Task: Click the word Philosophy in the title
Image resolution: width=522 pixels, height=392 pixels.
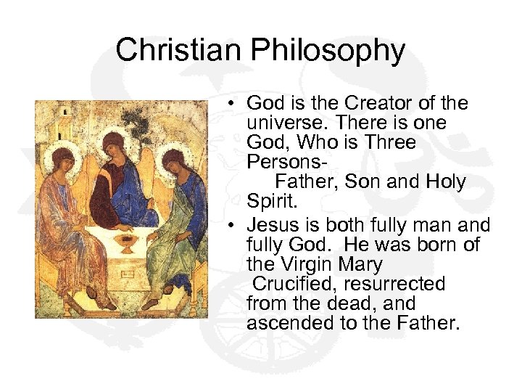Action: pyautogui.click(x=328, y=50)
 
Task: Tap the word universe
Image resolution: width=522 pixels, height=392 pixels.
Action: pyautogui.click(x=285, y=123)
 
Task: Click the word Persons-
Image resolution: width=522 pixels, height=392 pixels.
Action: pyautogui.click(x=279, y=162)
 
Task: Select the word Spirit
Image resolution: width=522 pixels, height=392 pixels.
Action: pyautogui.click(x=268, y=201)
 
